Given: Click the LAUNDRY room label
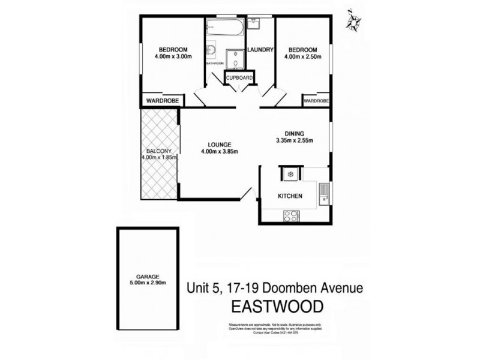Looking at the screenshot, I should (260, 50).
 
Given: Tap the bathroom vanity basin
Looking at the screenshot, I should (211, 51).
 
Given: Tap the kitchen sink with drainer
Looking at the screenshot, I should (324, 193).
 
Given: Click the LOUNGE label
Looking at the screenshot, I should (215, 144).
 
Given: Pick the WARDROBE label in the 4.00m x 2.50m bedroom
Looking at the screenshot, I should (316, 101).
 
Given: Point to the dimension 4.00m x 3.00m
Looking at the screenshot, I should (173, 57).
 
